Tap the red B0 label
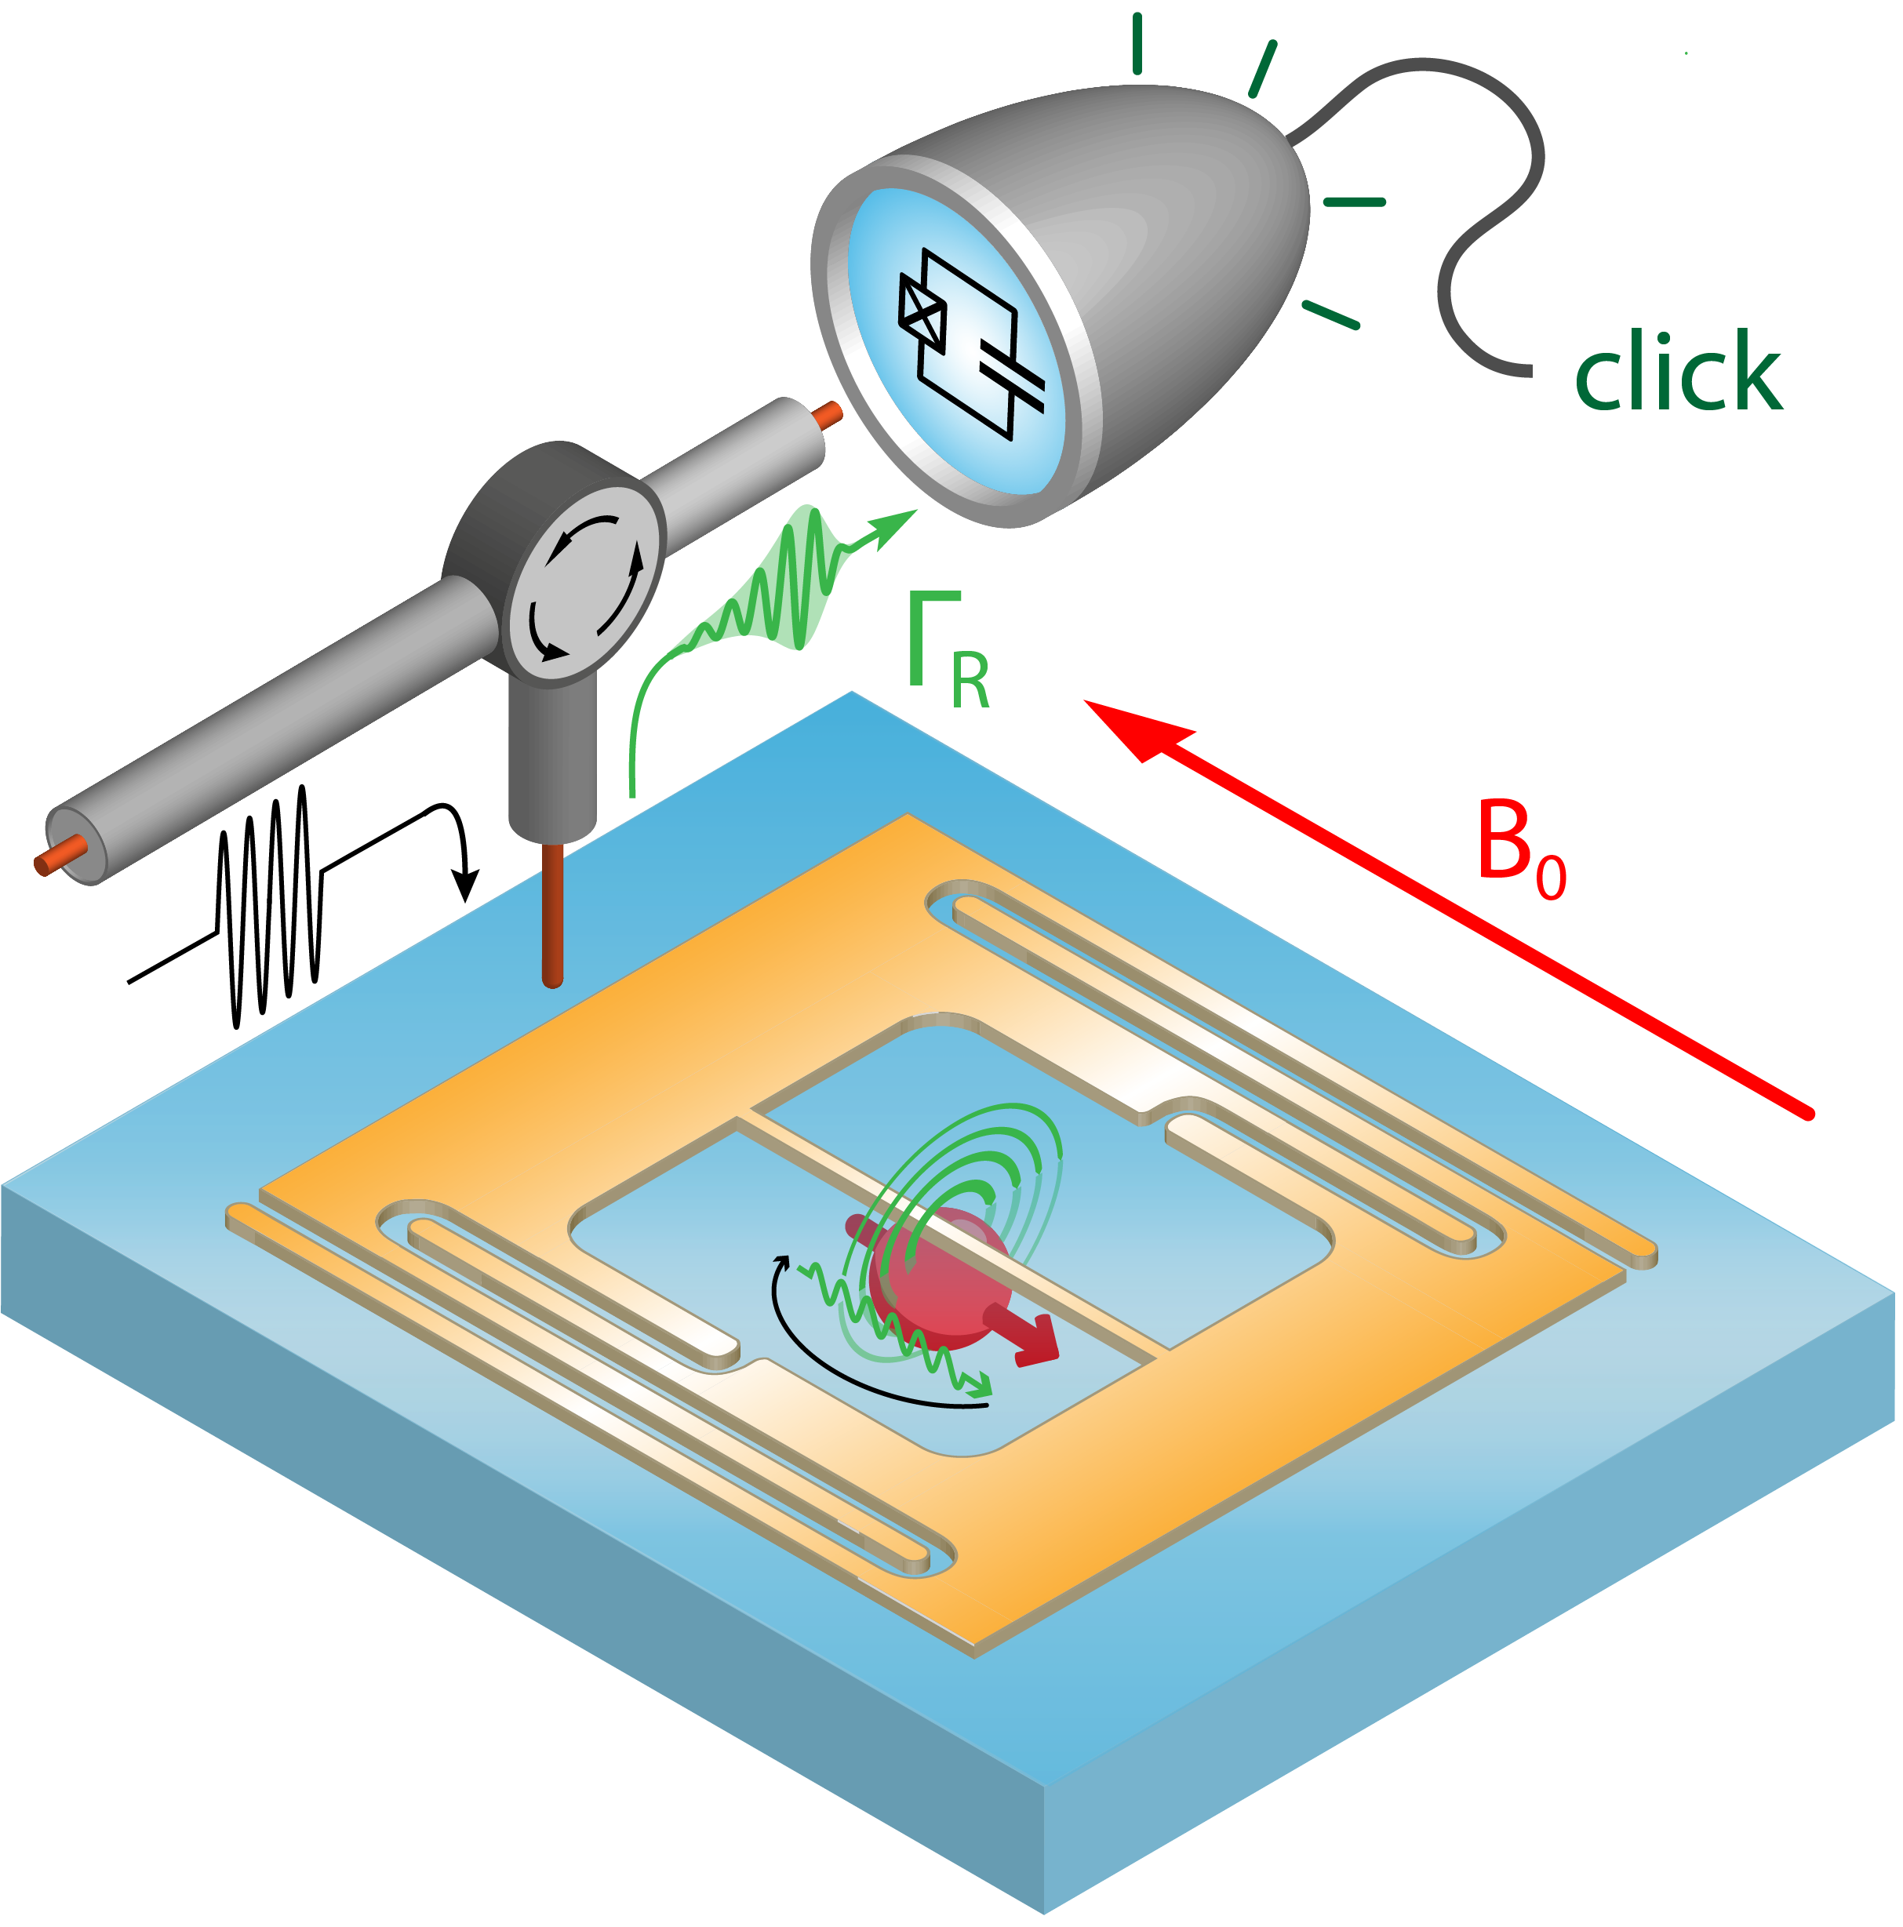coord(1520,848)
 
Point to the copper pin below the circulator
coord(551,913)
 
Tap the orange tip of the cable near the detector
coord(828,415)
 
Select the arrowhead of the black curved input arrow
coord(465,885)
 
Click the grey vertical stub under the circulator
coord(551,758)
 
